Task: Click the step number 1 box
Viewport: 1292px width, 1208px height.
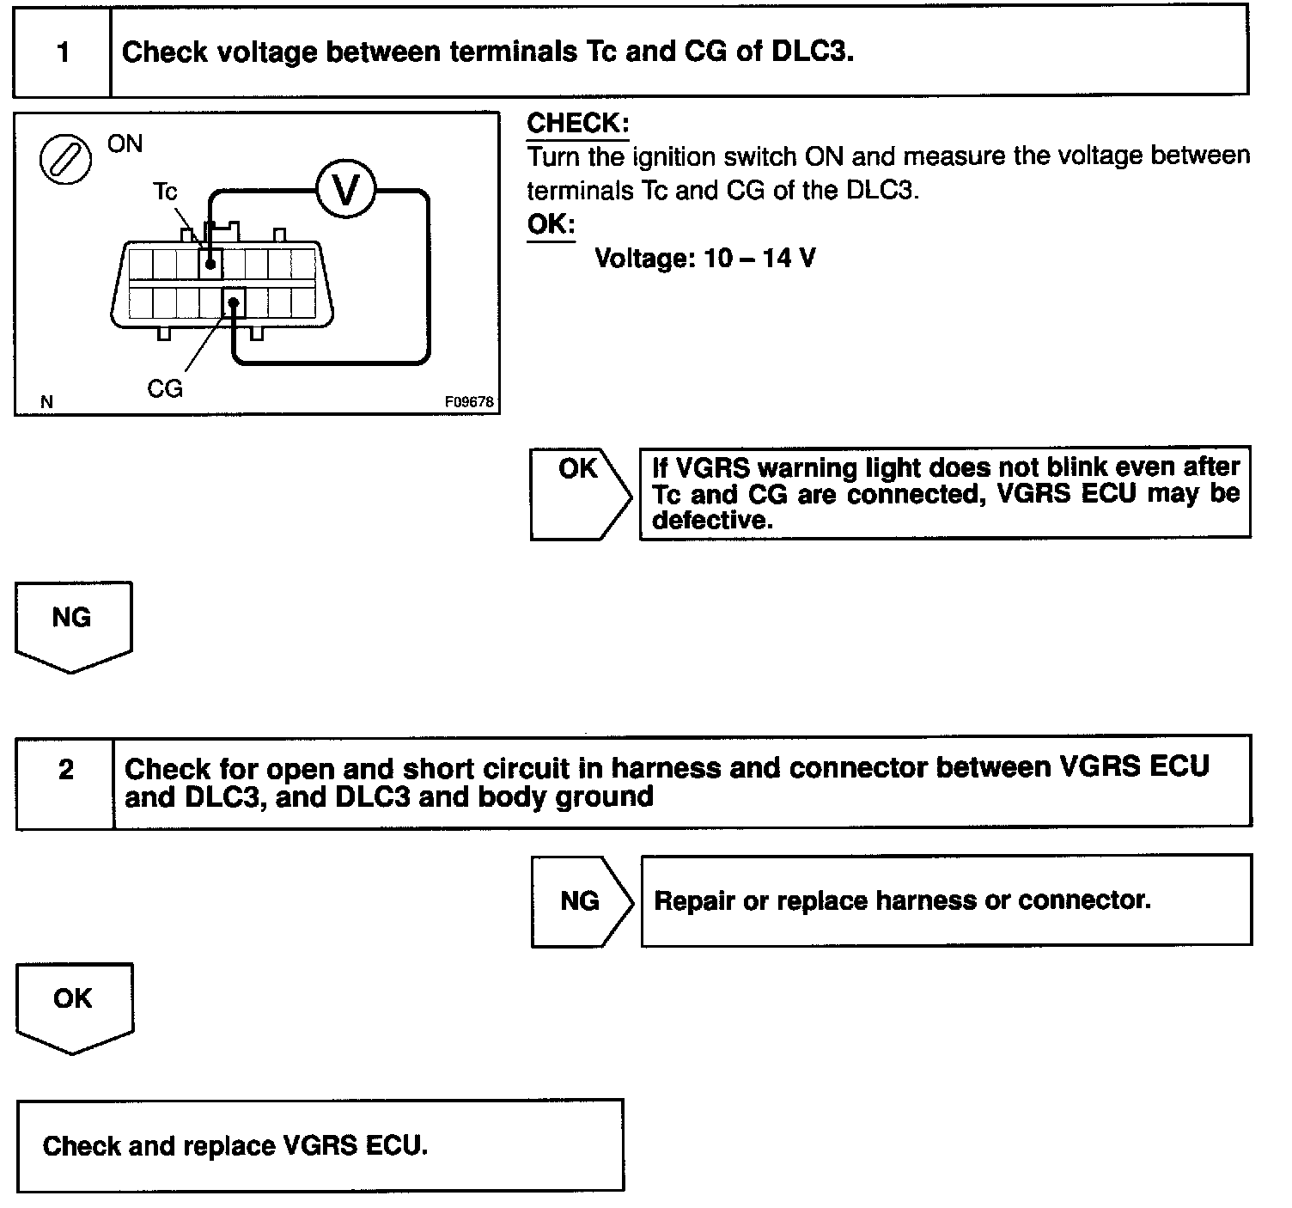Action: click(x=63, y=52)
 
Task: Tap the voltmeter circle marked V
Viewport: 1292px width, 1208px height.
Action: click(x=345, y=190)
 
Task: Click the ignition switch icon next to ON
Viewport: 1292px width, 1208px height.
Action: click(x=66, y=160)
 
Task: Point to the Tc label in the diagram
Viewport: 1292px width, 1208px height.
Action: click(x=164, y=191)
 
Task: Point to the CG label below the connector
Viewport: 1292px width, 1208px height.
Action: click(x=165, y=389)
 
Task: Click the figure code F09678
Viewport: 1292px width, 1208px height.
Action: click(x=469, y=401)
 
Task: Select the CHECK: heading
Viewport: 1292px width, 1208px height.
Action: click(x=577, y=123)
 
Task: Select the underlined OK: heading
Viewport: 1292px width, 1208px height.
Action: click(x=551, y=224)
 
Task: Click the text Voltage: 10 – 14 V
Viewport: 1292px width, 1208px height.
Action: click(x=704, y=258)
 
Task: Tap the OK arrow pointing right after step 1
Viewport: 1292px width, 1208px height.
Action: click(x=580, y=493)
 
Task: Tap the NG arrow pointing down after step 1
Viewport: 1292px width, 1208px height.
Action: click(x=73, y=624)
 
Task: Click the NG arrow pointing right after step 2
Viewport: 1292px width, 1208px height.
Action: click(x=581, y=900)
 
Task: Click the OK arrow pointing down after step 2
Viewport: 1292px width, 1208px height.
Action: click(x=74, y=1005)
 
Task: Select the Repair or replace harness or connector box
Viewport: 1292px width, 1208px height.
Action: click(x=946, y=900)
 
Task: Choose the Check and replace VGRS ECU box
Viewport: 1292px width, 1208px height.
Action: click(x=320, y=1145)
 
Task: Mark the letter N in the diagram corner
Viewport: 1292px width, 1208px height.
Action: click(x=46, y=401)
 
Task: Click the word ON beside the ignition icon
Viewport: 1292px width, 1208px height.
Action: click(x=125, y=143)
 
